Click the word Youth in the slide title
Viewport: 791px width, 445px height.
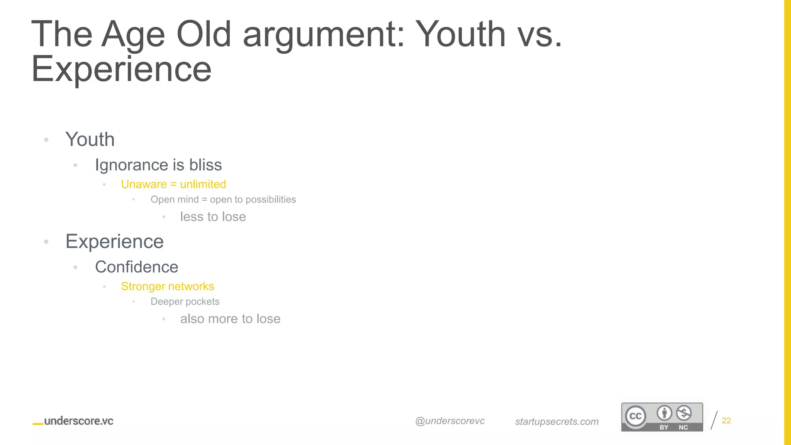pyautogui.click(x=462, y=34)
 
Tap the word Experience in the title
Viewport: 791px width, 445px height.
pyautogui.click(x=121, y=69)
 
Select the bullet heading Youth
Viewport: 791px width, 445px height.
pyautogui.click(x=90, y=139)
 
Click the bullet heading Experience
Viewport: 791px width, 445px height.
pyautogui.click(x=115, y=242)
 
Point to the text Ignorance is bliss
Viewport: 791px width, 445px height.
pyautogui.click(x=158, y=165)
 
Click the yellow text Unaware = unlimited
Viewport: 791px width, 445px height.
pyautogui.click(x=173, y=184)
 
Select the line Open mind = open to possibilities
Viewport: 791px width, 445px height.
pyautogui.click(x=223, y=200)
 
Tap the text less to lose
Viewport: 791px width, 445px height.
pyautogui.click(x=213, y=217)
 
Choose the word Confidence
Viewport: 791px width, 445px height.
pyautogui.click(x=137, y=267)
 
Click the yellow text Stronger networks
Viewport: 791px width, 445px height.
pyautogui.click(x=167, y=286)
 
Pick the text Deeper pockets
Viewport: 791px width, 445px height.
pyautogui.click(x=185, y=302)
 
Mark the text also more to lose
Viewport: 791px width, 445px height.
pyautogui.click(x=230, y=319)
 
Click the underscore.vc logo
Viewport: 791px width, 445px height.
pyautogui.click(x=73, y=421)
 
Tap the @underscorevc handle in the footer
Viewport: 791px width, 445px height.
pyautogui.click(x=450, y=421)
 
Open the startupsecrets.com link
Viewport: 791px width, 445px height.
pyautogui.click(x=557, y=421)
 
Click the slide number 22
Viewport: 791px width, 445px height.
pyautogui.click(x=726, y=421)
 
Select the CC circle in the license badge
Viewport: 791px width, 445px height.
pyautogui.click(x=635, y=416)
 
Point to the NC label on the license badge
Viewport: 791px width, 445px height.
pyautogui.click(x=683, y=427)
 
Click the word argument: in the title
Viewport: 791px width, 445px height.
pyautogui.click(x=324, y=34)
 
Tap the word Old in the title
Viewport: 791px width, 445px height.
pyautogui.click(x=204, y=34)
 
